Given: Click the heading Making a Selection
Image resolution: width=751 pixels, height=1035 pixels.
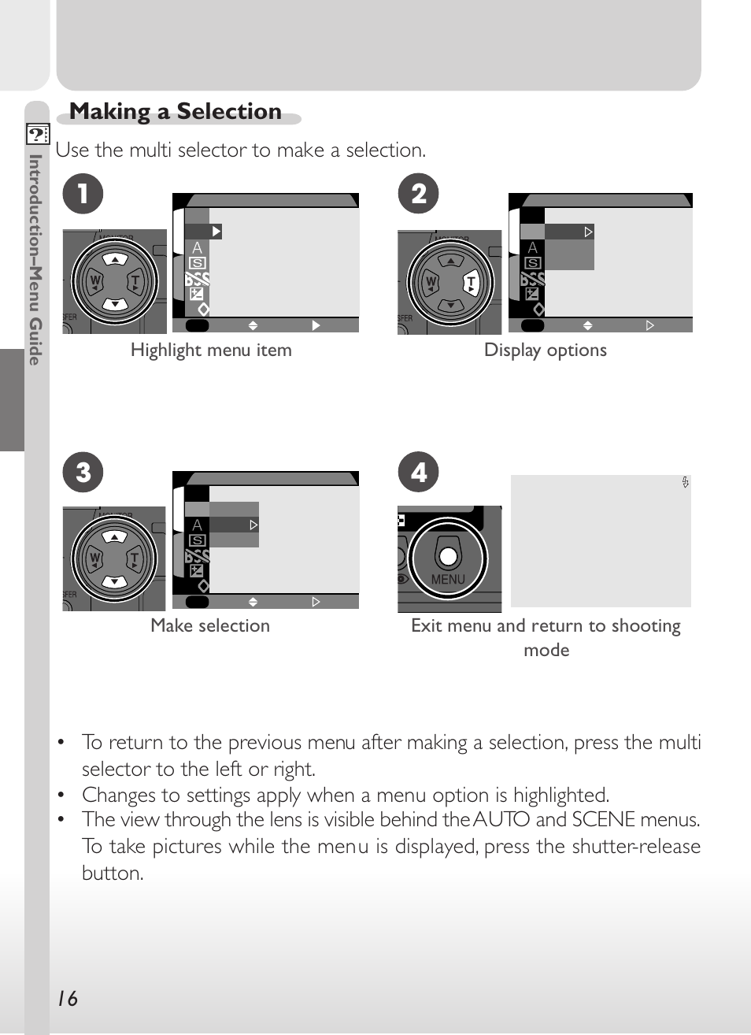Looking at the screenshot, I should pyautogui.click(x=176, y=112).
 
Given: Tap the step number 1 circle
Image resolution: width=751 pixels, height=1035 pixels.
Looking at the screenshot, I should pyautogui.click(x=83, y=194).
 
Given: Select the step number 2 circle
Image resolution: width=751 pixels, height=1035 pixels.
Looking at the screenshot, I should pyautogui.click(x=419, y=194).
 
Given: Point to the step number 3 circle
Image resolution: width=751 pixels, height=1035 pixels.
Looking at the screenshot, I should pyautogui.click(x=83, y=473).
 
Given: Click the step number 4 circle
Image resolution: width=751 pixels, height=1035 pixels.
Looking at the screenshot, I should pyautogui.click(x=419, y=473).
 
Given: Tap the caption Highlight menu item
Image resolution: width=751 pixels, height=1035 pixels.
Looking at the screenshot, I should pyautogui.click(x=211, y=350).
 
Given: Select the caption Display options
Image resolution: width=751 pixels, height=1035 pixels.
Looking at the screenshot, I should pyautogui.click(x=546, y=350).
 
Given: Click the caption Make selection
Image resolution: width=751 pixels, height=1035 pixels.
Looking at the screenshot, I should pyautogui.click(x=210, y=625).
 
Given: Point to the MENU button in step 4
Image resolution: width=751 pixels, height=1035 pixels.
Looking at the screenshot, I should pyautogui.click(x=448, y=558).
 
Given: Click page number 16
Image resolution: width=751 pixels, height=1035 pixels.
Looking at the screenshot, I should pyautogui.click(x=68, y=999).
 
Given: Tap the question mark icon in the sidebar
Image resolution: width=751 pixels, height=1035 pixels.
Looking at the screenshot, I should pyautogui.click(x=37, y=134).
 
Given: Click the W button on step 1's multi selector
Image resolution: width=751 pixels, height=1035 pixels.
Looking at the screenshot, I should pyautogui.click(x=95, y=281).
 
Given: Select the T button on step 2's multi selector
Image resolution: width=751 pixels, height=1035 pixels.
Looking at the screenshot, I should pyautogui.click(x=471, y=283).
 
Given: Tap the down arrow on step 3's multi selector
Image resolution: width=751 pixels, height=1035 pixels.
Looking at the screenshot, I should pyautogui.click(x=115, y=581).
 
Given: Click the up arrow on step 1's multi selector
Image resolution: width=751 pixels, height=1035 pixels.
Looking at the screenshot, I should pyautogui.click(x=115, y=259).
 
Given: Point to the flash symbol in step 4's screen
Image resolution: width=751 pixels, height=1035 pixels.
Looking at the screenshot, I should pyautogui.click(x=686, y=482).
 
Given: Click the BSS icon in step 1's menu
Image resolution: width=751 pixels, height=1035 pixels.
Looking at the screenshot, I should pyautogui.click(x=198, y=279).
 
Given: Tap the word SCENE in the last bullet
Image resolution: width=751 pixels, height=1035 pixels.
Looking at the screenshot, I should pyautogui.click(x=603, y=819).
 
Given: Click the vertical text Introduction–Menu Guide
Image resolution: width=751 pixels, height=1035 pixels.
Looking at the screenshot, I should pyautogui.click(x=35, y=259).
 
